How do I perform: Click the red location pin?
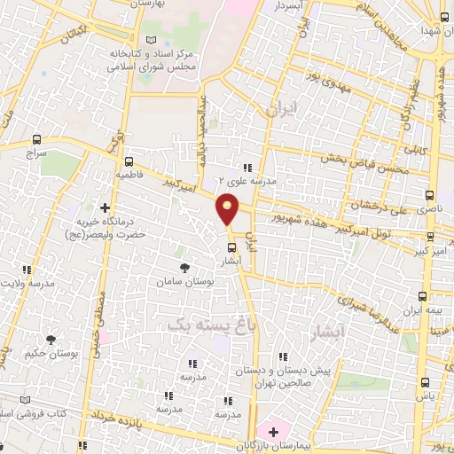pos(228,211)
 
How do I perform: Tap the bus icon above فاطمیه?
pos(129,161)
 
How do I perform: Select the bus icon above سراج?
pos(36,139)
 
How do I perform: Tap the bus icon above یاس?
pos(425,383)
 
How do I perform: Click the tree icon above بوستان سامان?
pos(184,267)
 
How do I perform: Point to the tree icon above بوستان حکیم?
pos(50,339)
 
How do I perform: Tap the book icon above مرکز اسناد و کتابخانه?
pos(150,40)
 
